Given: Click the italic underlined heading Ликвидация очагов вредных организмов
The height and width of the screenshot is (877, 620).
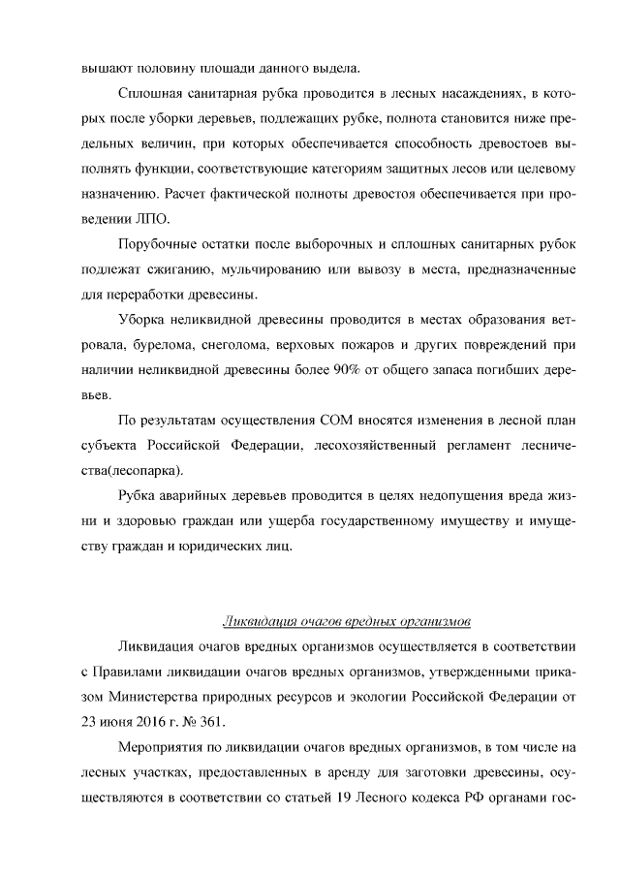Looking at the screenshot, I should [x=346, y=620].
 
